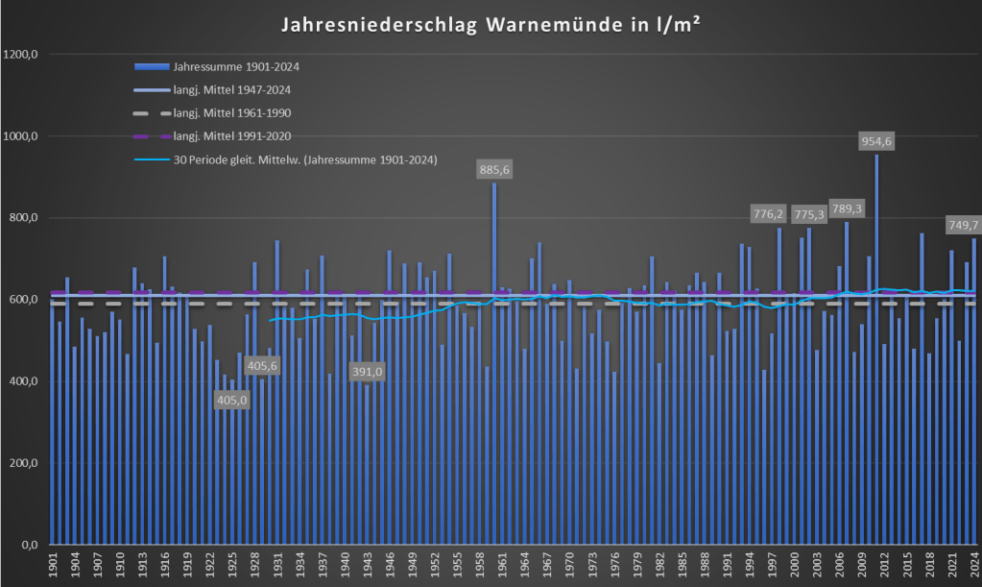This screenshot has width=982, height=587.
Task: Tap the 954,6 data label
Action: [x=876, y=141]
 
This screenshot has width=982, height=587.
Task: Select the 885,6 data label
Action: [x=494, y=169]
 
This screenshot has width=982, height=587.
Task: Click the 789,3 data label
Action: [x=846, y=208]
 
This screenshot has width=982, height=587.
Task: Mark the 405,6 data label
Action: [x=262, y=366]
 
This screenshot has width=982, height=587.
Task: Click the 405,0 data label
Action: [x=232, y=400]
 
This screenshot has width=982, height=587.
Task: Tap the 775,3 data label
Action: [x=809, y=213]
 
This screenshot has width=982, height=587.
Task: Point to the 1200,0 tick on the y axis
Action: [x=20, y=55]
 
